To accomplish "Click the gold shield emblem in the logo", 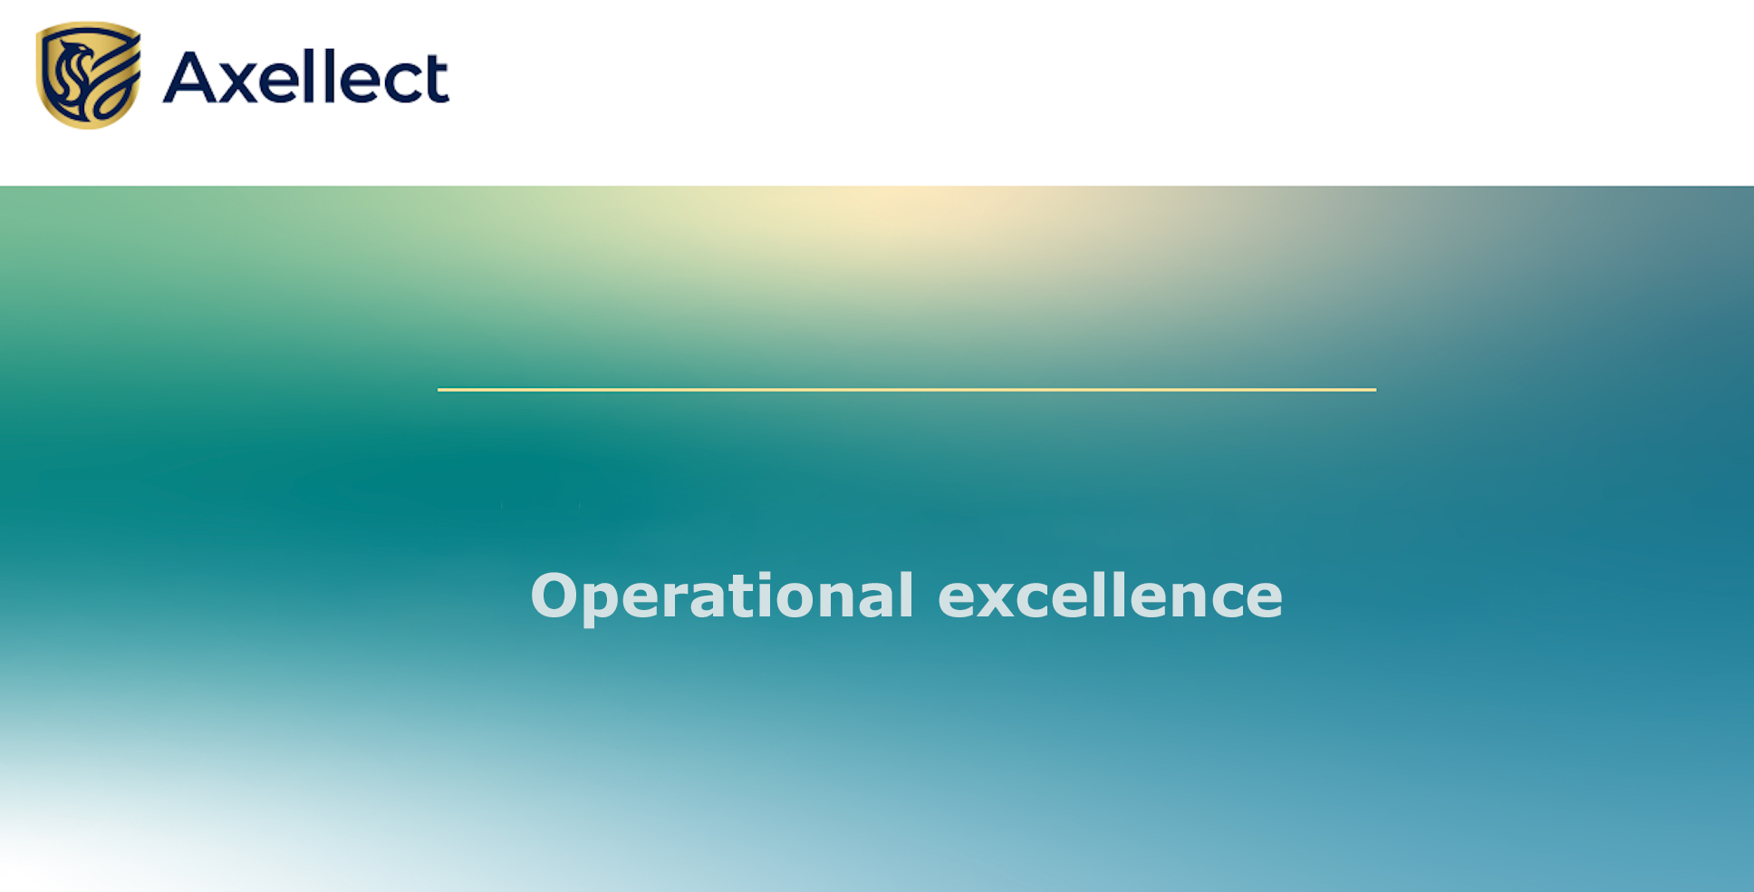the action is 88,75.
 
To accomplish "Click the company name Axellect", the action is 306,77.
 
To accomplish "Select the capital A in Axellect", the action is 188,77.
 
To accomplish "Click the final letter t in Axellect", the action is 436,80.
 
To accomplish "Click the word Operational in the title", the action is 722,597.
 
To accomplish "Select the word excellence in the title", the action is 1110,596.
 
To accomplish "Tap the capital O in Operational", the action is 554,596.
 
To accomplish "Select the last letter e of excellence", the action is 1262,601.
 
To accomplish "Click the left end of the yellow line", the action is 438,390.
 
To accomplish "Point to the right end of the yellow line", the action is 1376,390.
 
